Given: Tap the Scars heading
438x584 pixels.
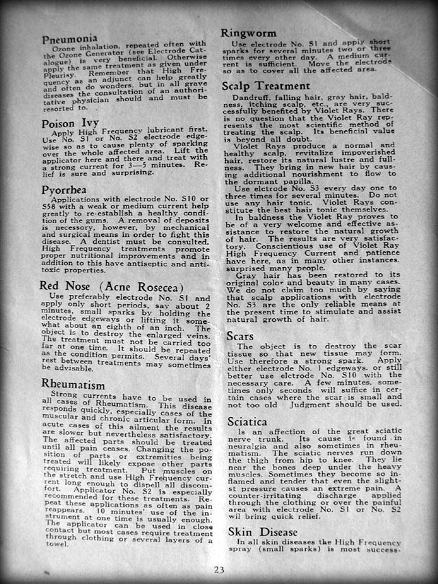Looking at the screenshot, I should pyautogui.click(x=240, y=337).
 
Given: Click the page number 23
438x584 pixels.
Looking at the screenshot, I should pyautogui.click(x=219, y=570).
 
